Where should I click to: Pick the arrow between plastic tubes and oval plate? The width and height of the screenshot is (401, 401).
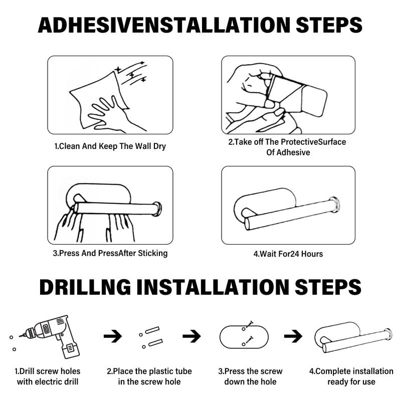[191, 336]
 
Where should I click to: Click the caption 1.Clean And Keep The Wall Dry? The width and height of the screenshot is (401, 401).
[110, 146]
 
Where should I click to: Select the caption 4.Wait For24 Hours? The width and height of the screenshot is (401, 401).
[288, 254]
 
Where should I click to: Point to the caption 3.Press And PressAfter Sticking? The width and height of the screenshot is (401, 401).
[110, 253]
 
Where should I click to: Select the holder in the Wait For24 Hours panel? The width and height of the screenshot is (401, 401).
[288, 208]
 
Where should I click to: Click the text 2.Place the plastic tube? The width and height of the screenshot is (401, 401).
[149, 371]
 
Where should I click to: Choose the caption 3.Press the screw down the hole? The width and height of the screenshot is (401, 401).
[250, 376]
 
